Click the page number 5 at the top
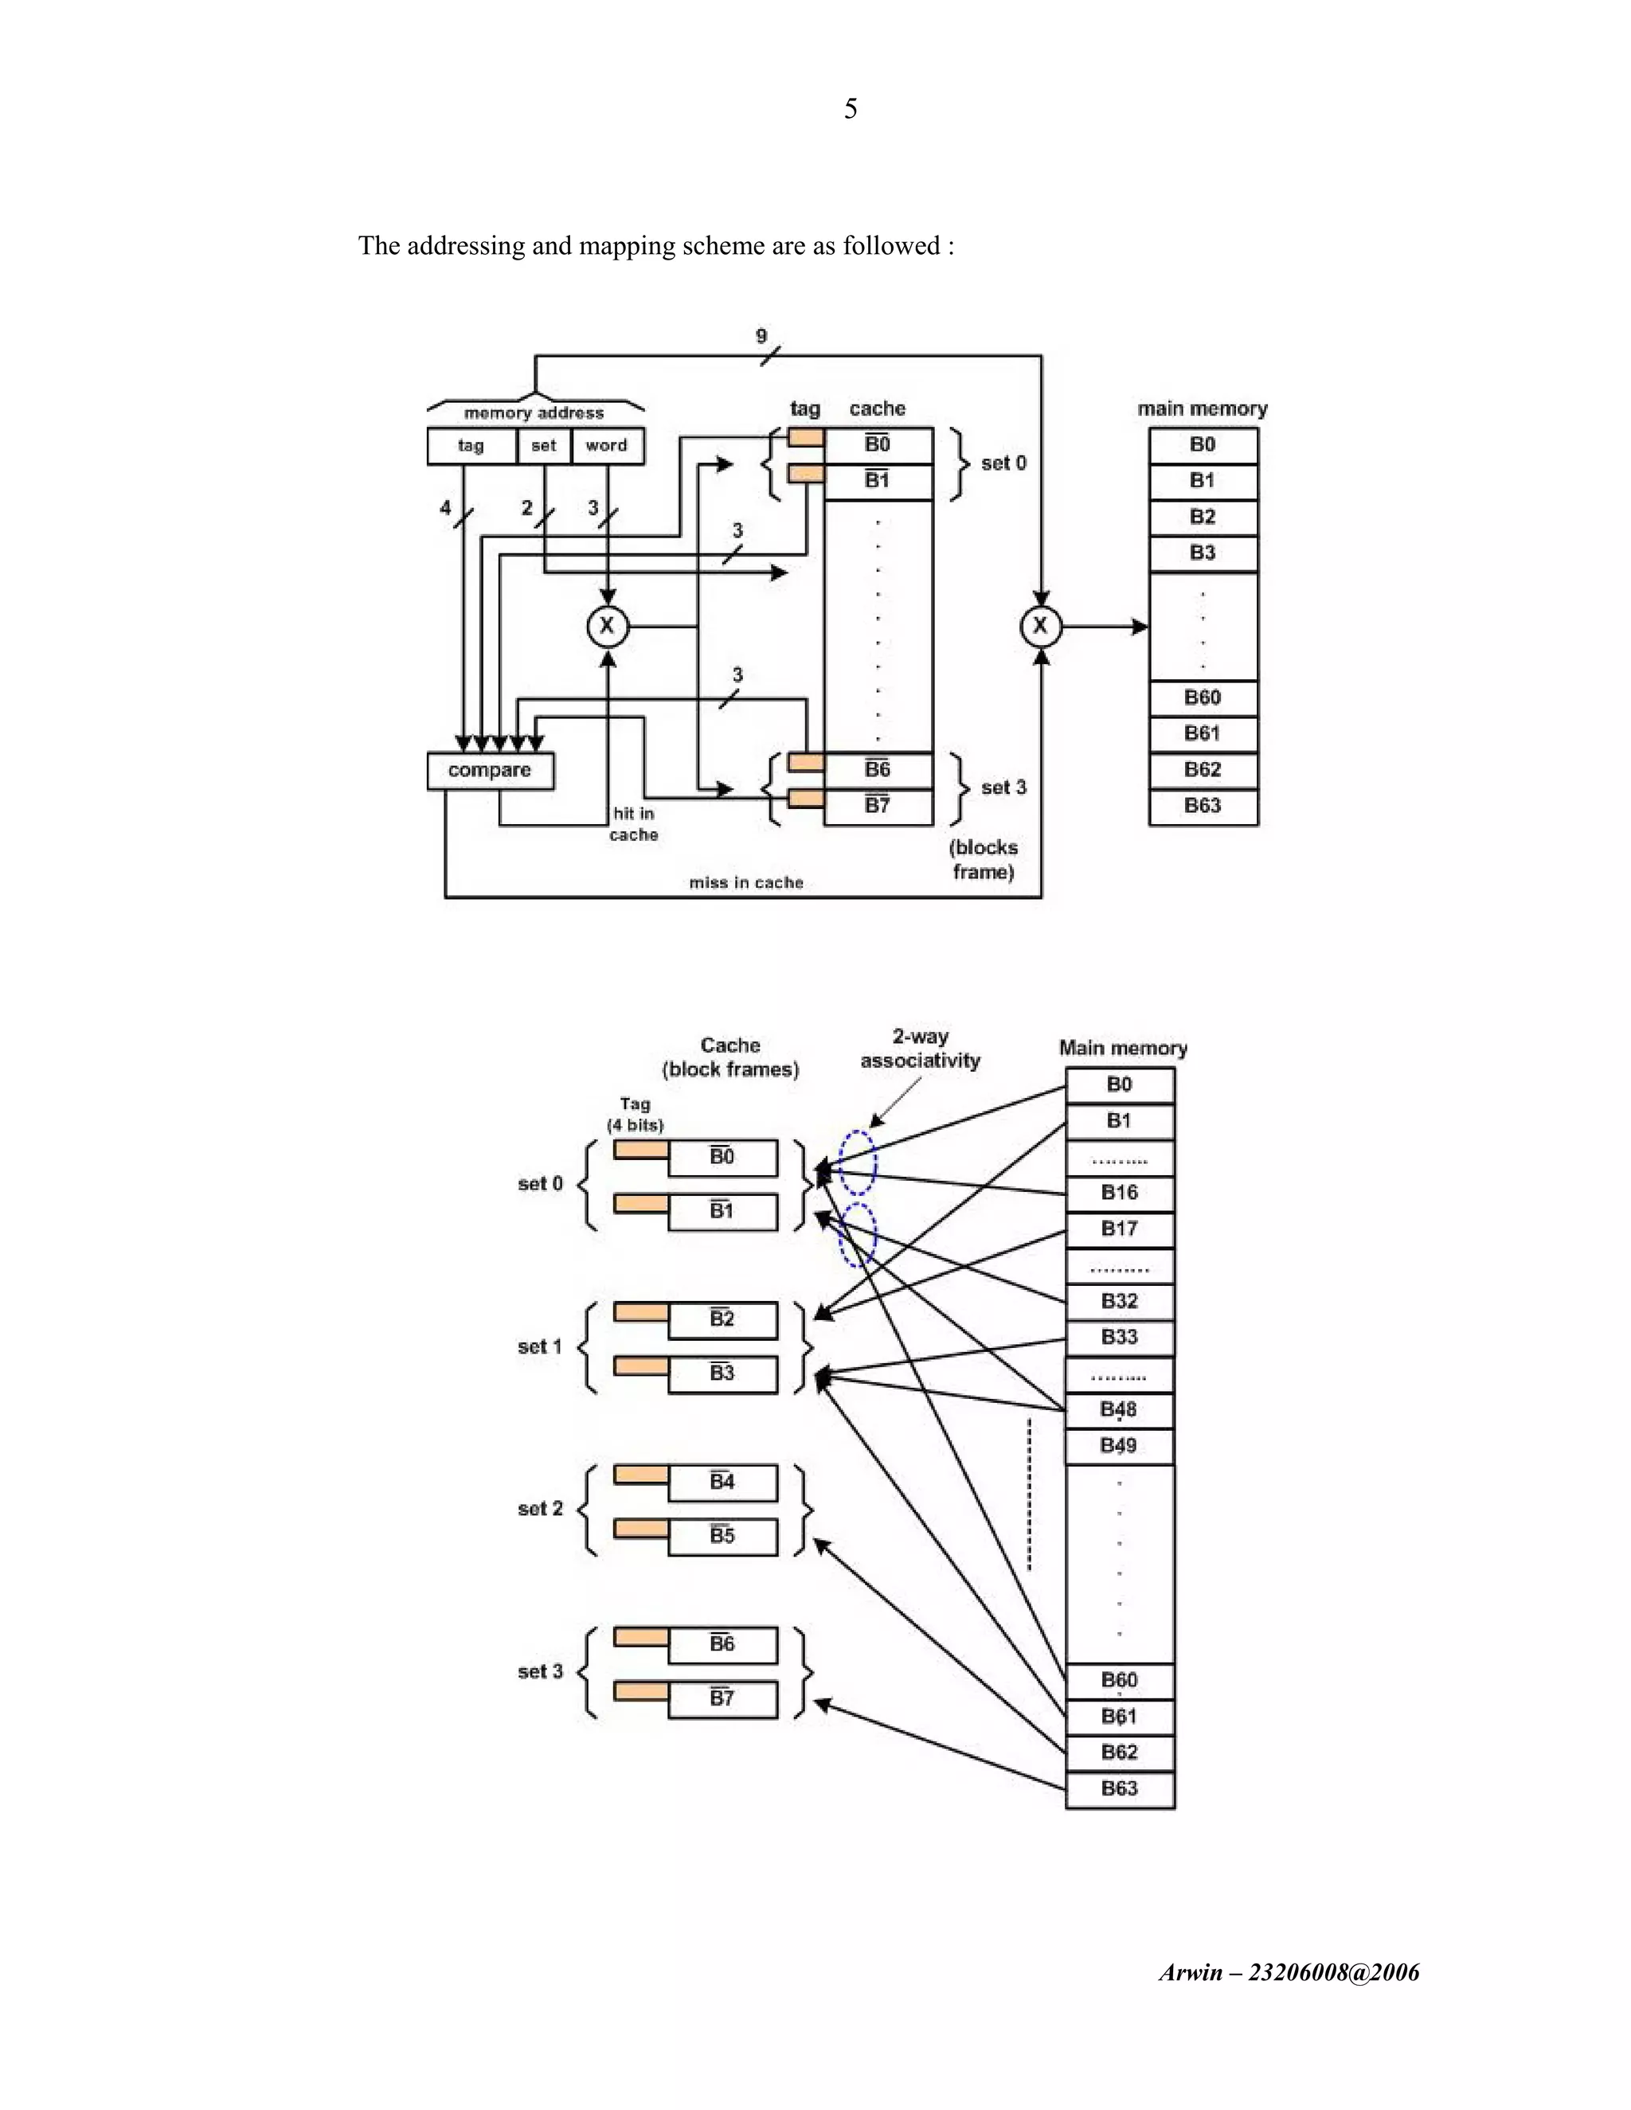(x=851, y=108)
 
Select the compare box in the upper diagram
(x=490, y=771)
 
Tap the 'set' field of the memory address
(x=544, y=445)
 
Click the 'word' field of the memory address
(x=607, y=445)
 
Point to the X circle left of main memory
(x=1041, y=626)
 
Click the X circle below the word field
(x=608, y=626)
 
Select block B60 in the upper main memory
(x=1203, y=697)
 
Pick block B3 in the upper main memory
(x=1203, y=553)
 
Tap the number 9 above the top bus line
(x=761, y=336)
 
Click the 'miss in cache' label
(x=746, y=882)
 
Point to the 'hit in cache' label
(x=634, y=824)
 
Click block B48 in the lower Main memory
(x=1120, y=1409)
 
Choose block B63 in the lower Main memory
(x=1120, y=1788)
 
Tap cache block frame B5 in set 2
(x=723, y=1536)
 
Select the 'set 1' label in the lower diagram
(x=539, y=1346)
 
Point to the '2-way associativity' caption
(x=920, y=1049)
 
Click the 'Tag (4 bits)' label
(x=635, y=1114)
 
